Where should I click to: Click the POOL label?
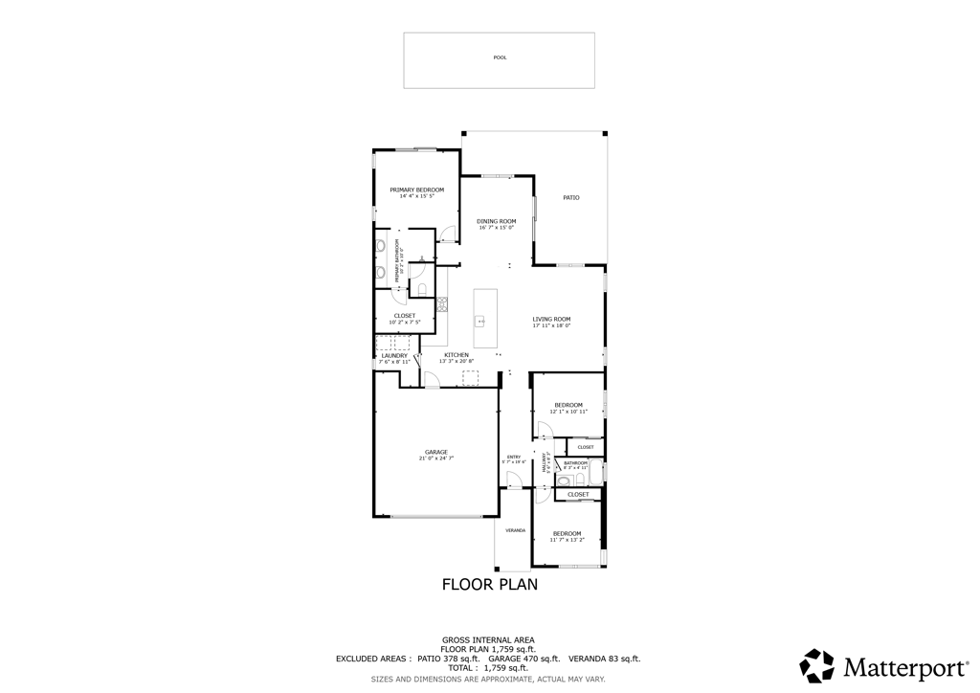click(x=500, y=57)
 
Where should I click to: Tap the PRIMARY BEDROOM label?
click(x=416, y=190)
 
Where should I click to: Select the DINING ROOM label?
click(x=496, y=221)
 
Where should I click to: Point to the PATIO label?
click(x=570, y=197)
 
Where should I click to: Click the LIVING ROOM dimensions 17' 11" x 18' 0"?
click(x=551, y=325)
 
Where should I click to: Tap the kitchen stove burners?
click(x=442, y=305)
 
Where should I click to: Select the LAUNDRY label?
click(x=393, y=355)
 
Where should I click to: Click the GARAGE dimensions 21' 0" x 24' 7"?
click(x=435, y=458)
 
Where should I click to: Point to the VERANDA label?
click(x=515, y=529)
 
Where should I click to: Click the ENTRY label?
click(x=514, y=457)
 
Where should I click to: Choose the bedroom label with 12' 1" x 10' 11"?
click(x=568, y=405)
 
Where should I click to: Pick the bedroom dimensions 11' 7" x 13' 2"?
click(x=567, y=540)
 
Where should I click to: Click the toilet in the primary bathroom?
click(x=422, y=288)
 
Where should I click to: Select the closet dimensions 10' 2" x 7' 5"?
click(x=405, y=322)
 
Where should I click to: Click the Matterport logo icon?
click(x=816, y=665)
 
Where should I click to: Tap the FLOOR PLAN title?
click(x=489, y=584)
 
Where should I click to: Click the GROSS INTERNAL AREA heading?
click(x=488, y=639)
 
